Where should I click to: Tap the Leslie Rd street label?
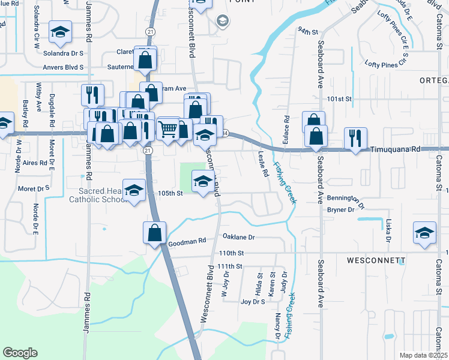pyautogui.click(x=263, y=164)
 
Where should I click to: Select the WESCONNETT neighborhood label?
pyautogui.click(x=376, y=261)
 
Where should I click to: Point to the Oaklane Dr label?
pyautogui.click(x=238, y=237)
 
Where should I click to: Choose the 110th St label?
pyautogui.click(x=232, y=253)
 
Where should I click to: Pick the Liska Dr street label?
pyautogui.click(x=388, y=230)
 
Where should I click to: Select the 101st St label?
pyautogui.click(x=339, y=98)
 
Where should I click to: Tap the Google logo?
pyautogui.click(x=20, y=352)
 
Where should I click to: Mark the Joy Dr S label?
pyautogui.click(x=253, y=302)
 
